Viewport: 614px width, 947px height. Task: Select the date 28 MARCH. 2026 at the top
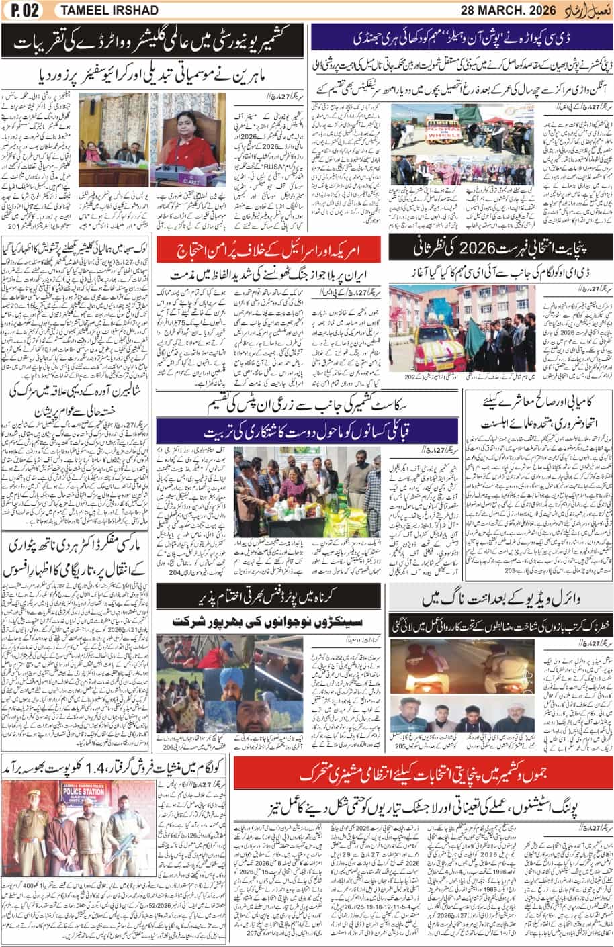click(500, 9)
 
